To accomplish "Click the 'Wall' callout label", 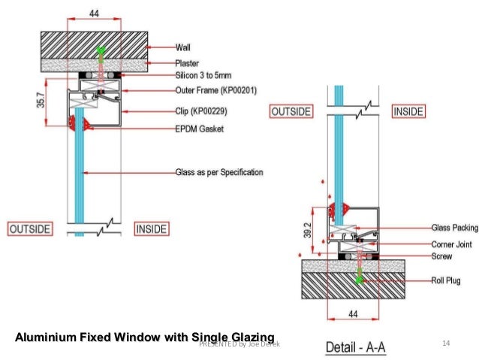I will tap(183, 47).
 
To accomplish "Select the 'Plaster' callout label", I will tap(187, 63).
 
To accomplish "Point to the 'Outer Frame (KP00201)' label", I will tap(215, 91).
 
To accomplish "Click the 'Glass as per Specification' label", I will tap(219, 173).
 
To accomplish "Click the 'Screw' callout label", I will tap(442, 256).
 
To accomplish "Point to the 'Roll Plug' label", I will tap(447, 281).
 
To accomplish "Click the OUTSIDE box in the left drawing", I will tap(30, 228).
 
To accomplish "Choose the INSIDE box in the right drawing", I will tap(408, 111).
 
